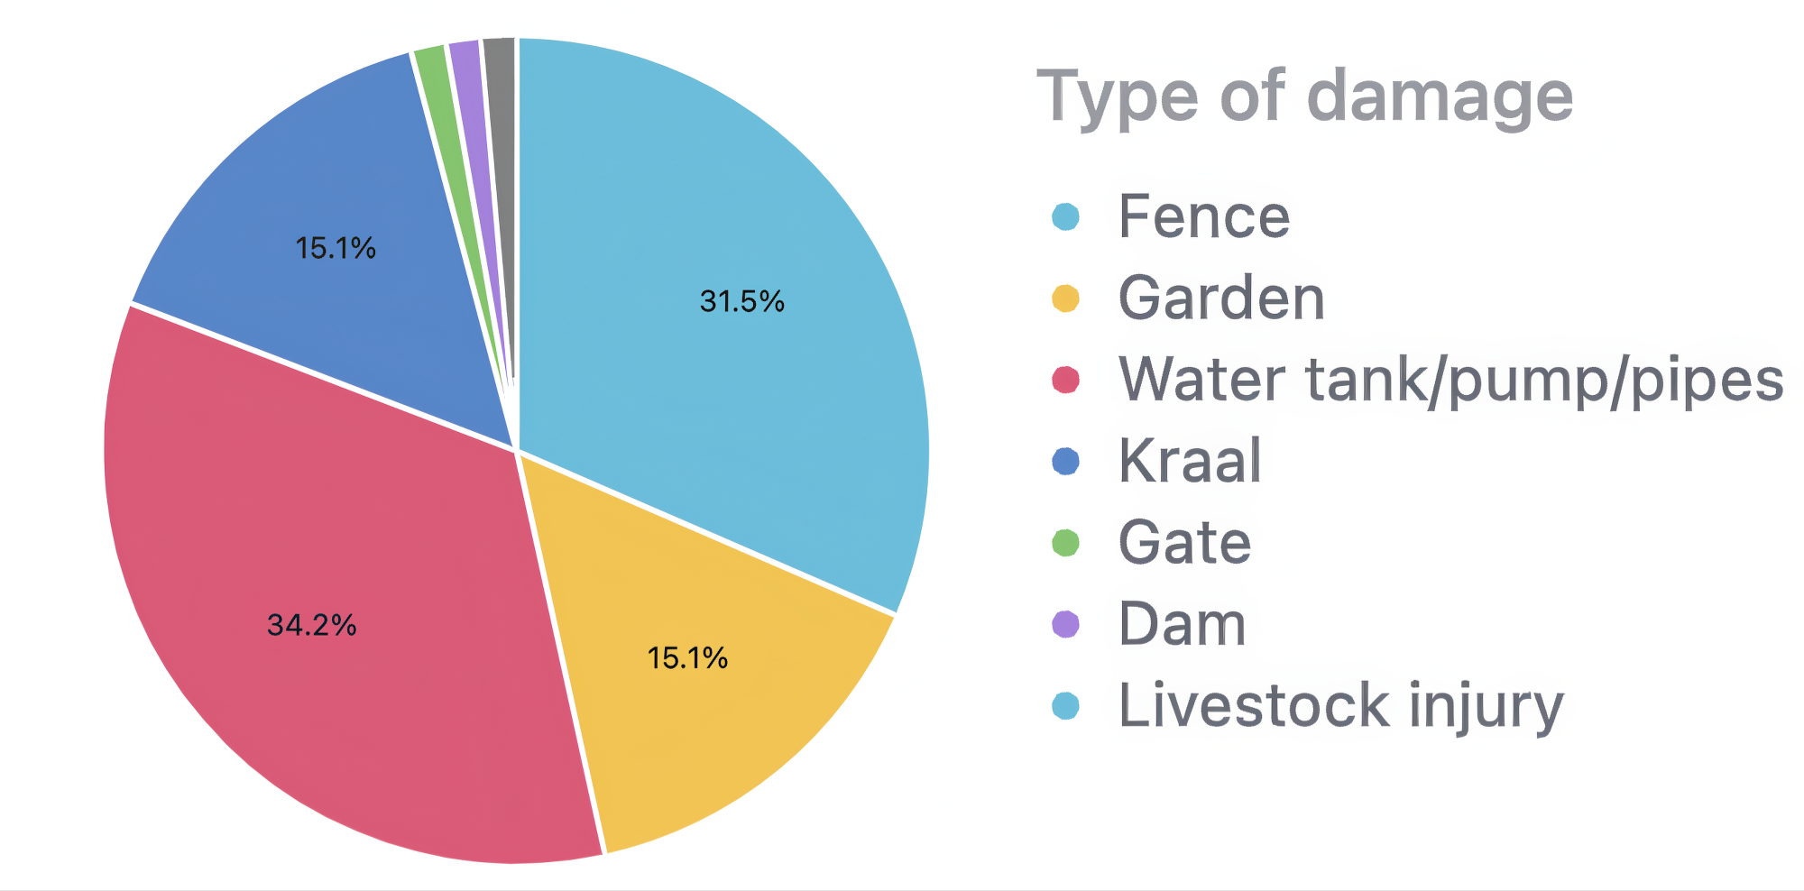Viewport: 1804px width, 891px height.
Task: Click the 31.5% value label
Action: coord(741,301)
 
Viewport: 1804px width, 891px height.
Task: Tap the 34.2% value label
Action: coord(312,624)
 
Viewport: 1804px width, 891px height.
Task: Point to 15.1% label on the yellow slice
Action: coord(687,657)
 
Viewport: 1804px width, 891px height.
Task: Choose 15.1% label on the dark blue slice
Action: coord(336,248)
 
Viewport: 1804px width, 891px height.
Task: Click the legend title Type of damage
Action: coord(1304,97)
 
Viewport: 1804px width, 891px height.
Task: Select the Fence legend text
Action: coord(1204,216)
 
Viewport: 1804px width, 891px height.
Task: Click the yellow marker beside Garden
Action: coord(1065,299)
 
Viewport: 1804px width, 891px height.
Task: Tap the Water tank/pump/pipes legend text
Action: coord(1450,380)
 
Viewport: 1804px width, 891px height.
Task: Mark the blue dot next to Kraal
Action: coord(1065,462)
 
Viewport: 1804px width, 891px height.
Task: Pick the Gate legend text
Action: coord(1184,543)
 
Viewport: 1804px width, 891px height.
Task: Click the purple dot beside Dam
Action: coord(1065,624)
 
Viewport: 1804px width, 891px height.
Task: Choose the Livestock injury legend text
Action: coord(1340,705)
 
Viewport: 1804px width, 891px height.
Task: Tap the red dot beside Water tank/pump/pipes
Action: coord(1065,380)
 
